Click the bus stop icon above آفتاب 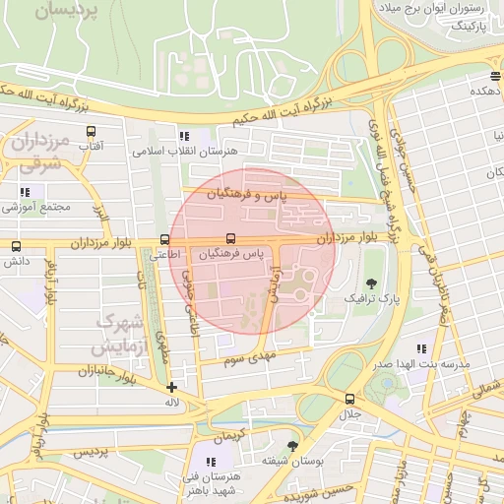tap(92, 131)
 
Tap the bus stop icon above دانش tap(15, 247)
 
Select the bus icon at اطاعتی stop tap(163, 239)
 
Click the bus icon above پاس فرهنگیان tap(230, 238)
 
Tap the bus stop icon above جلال tap(349, 399)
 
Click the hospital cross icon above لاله tap(172, 387)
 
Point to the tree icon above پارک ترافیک tap(370, 283)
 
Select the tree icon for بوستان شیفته tap(290, 446)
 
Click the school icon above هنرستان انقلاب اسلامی tap(183, 137)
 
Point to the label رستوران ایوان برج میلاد tap(438, 9)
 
